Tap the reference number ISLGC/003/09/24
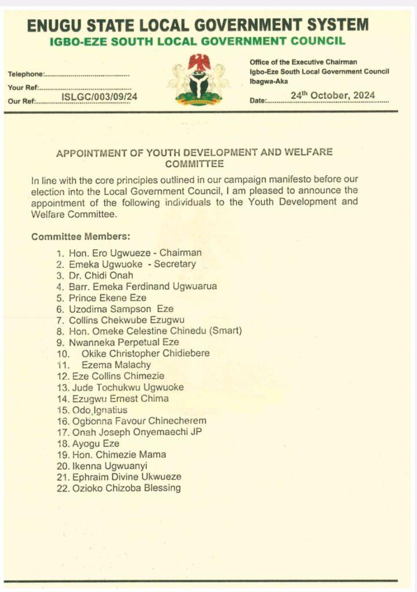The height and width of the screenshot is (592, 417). [99, 97]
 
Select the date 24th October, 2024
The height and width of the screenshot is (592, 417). [333, 95]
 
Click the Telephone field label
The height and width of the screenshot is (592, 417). [26, 75]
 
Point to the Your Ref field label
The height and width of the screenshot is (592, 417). [23, 88]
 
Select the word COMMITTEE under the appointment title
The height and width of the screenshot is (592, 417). [194, 164]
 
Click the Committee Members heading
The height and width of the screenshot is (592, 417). [80, 237]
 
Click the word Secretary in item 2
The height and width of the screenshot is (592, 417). [175, 264]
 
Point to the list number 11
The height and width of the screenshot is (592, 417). [62, 365]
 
